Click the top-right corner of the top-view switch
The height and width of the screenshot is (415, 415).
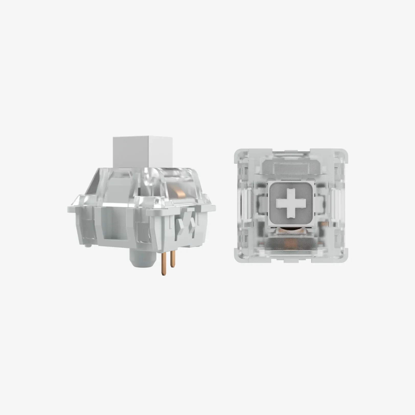tap(345, 152)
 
